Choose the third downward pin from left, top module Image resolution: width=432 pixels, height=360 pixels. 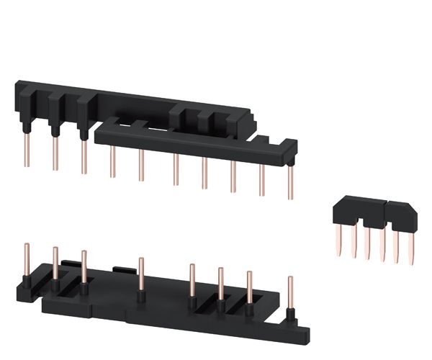[x=84, y=154]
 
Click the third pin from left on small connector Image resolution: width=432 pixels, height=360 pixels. [x=367, y=241]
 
